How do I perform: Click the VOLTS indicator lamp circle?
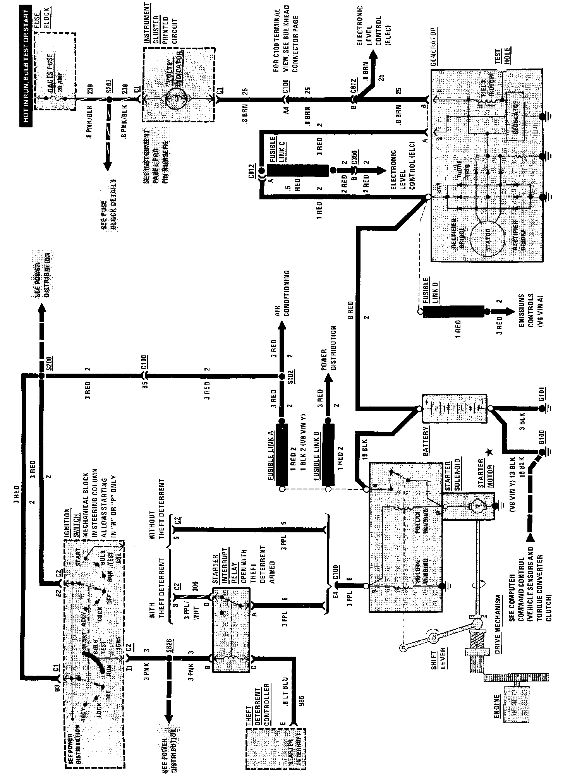177,100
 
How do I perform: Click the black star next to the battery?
489,451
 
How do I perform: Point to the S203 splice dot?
110,100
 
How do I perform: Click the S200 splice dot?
41,376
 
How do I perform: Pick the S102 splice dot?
282,376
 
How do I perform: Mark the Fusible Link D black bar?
453,311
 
